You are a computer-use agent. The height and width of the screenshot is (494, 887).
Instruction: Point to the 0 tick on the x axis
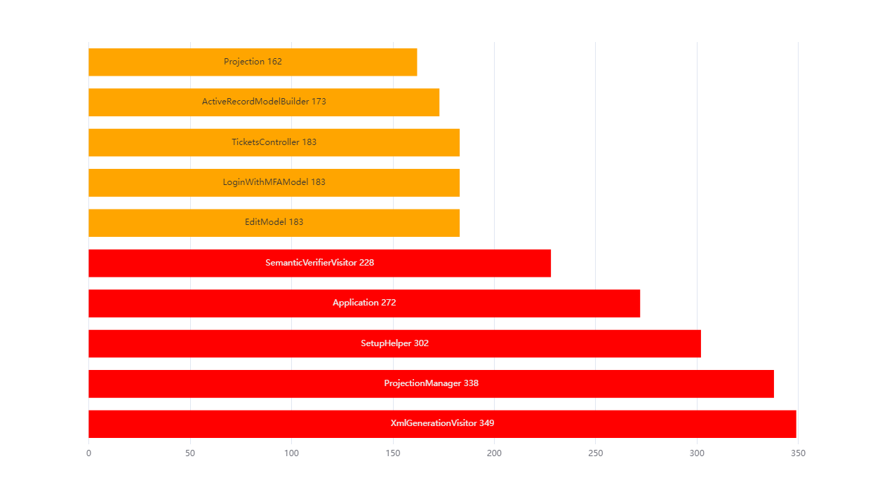click(88, 453)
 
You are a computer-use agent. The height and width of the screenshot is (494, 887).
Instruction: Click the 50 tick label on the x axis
click(190, 453)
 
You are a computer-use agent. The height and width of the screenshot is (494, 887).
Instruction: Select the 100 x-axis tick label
click(291, 453)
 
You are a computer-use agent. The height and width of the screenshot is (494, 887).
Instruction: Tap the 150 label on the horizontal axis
click(393, 453)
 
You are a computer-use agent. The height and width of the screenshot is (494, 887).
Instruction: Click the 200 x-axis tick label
click(494, 453)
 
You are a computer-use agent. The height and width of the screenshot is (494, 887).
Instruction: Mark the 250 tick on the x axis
click(596, 453)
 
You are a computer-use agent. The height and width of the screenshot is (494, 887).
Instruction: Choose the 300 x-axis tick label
click(697, 453)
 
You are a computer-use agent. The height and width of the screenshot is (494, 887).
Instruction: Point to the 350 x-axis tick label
click(798, 453)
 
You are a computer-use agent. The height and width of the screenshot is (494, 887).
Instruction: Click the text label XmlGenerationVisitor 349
click(442, 424)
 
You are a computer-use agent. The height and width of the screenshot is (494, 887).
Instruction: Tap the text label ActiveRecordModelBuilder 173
click(264, 102)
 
